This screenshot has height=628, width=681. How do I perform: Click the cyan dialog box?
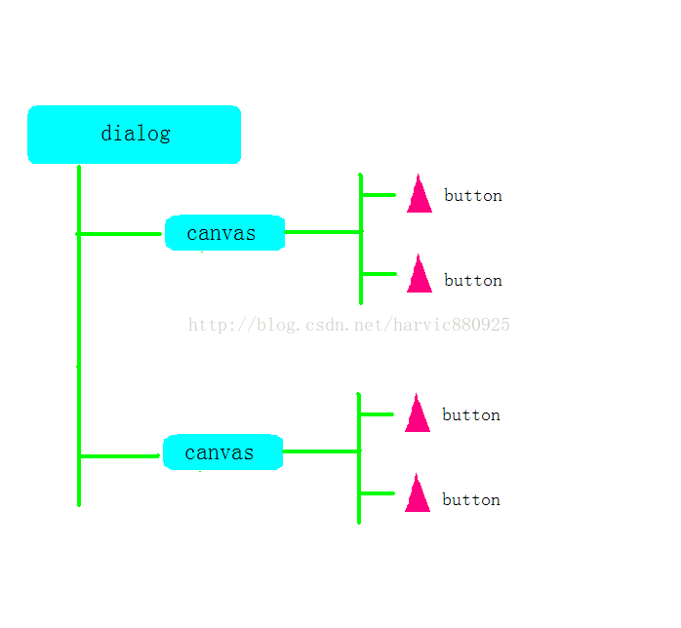point(135,135)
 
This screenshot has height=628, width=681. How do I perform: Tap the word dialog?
point(136,134)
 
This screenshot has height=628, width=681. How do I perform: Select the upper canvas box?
point(225,233)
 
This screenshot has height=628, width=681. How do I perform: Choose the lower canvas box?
point(223,451)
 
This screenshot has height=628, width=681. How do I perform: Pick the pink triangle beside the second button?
point(420,276)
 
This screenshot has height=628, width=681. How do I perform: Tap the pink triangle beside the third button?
point(418,415)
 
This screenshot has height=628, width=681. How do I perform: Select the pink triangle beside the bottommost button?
point(418,495)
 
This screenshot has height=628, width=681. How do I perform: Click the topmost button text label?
point(473,195)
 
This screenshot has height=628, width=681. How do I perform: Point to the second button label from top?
point(473,280)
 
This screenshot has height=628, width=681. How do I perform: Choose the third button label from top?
point(471,414)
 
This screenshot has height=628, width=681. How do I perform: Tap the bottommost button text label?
point(471,499)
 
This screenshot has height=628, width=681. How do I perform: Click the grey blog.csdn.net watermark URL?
point(348,325)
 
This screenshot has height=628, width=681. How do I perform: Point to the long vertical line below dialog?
point(79,335)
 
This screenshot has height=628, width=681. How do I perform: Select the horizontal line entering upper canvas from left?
point(120,234)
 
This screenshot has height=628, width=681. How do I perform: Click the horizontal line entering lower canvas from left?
point(120,455)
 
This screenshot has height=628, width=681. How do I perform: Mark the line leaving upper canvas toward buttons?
point(323,232)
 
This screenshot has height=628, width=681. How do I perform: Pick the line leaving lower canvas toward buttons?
point(321,451)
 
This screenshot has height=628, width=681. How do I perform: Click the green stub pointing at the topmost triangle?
point(379,195)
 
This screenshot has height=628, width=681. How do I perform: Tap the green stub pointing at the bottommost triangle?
point(377,493)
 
